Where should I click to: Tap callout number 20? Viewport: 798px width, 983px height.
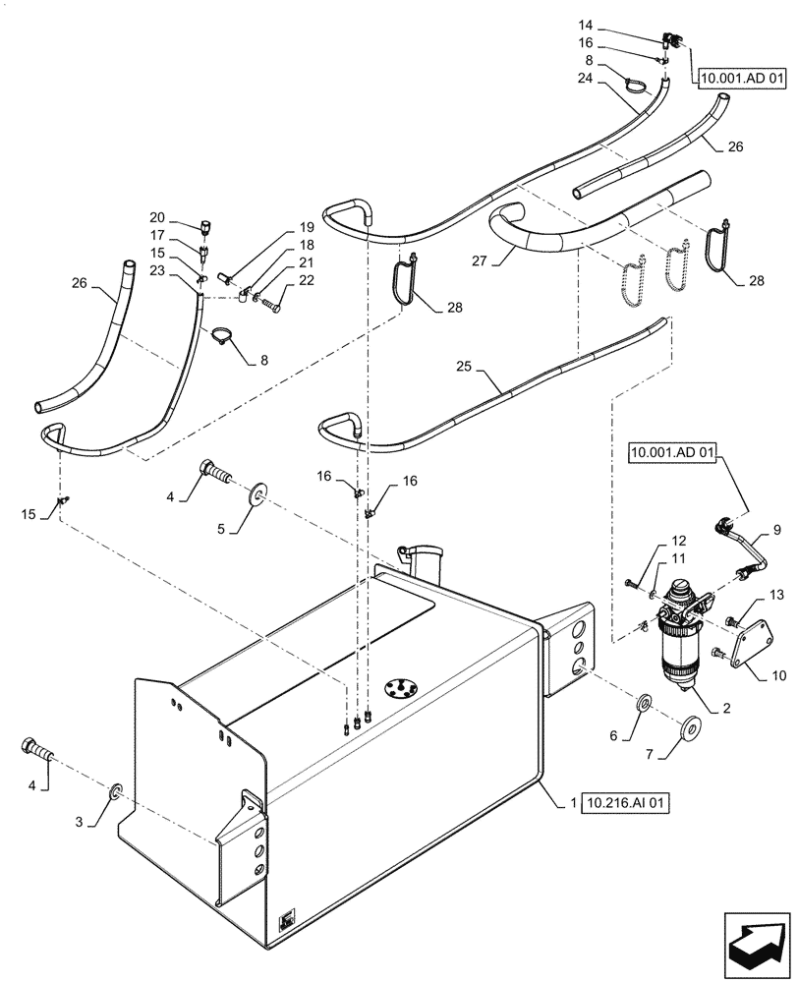coord(157,218)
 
